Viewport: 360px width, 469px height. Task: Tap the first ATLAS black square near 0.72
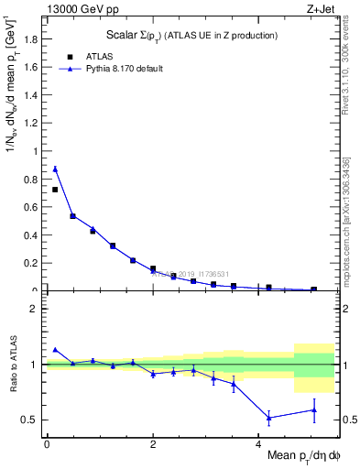pos(55,190)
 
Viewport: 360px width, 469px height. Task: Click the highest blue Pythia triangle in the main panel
pos(55,169)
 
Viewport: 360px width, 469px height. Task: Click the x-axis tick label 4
pos(257,443)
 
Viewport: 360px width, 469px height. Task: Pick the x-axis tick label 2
pos(152,443)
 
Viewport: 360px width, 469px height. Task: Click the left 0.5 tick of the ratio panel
pos(32,420)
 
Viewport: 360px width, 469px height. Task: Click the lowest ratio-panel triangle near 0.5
pos(268,418)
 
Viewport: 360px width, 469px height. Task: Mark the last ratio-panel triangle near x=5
pos(313,409)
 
